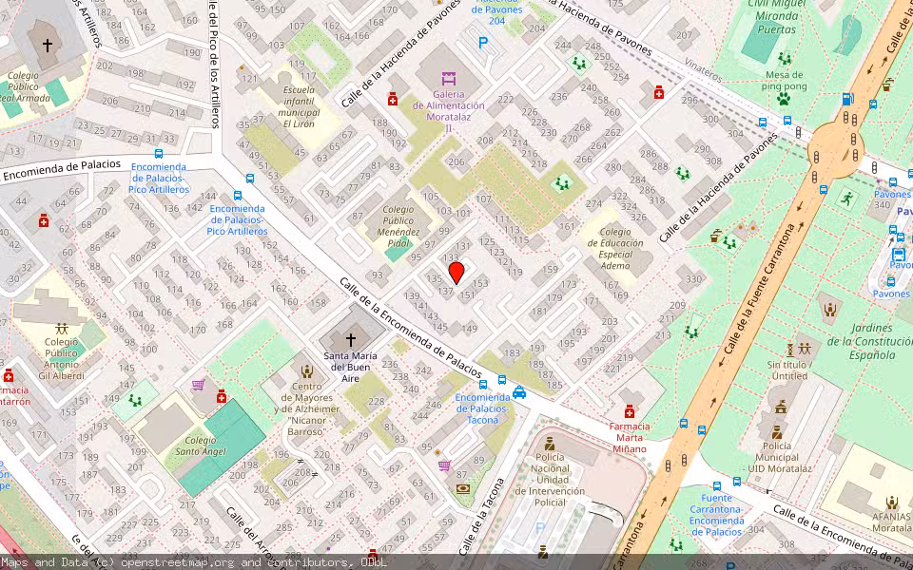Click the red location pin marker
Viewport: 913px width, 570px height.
coord(456,273)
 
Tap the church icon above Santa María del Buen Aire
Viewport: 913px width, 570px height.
coord(350,339)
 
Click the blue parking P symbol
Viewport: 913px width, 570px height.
coord(483,43)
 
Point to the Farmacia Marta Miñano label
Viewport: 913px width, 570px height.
coord(629,437)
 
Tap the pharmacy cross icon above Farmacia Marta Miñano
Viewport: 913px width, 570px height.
coord(629,411)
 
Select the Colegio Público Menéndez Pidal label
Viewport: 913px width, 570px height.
coord(398,226)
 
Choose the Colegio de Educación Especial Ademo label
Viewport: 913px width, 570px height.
coord(615,249)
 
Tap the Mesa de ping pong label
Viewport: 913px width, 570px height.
coord(784,81)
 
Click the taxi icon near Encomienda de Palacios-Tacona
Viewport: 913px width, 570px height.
coord(519,393)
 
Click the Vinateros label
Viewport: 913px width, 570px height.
coord(705,70)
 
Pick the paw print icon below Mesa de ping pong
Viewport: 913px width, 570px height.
coord(784,98)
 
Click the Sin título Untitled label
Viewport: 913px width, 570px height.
coord(788,370)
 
